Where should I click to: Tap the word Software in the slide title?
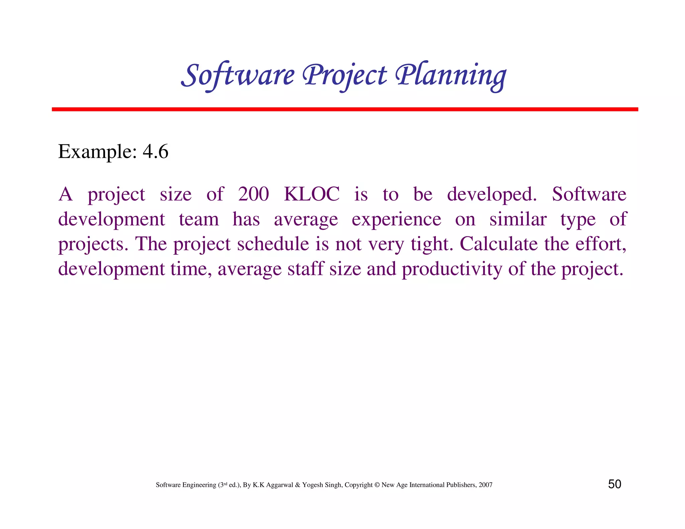pyautogui.click(x=238, y=76)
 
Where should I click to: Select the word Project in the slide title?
pyautogui.click(x=345, y=76)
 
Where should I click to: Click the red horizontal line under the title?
pyautogui.click(x=345, y=109)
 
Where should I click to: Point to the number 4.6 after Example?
pyautogui.click(x=156, y=152)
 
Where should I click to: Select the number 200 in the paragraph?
pyautogui.click(x=253, y=194)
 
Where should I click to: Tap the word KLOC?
pyautogui.click(x=312, y=194)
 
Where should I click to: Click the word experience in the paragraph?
pyautogui.click(x=396, y=220)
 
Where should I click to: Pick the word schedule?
pyautogui.click(x=273, y=244)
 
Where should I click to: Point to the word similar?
pyautogui.click(x=518, y=220)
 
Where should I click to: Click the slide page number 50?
pyautogui.click(x=614, y=484)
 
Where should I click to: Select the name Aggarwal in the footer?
pyautogui.click(x=279, y=485)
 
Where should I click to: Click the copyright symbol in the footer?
pyautogui.click(x=377, y=485)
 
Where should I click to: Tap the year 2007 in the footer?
pyautogui.click(x=485, y=485)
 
